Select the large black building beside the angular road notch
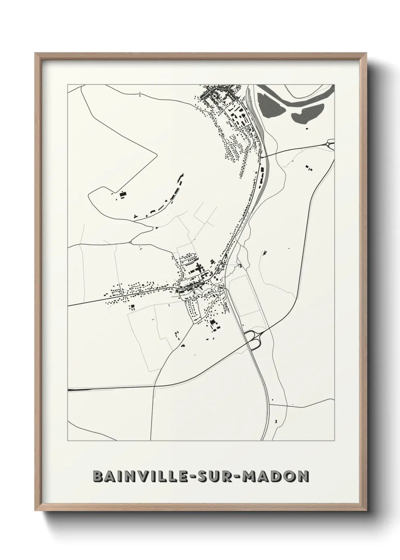(x=122, y=194)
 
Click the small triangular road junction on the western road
(x=131, y=241)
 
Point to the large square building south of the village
(x=213, y=322)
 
